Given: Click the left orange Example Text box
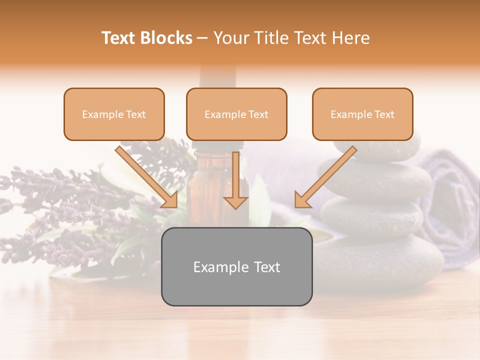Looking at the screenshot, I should click(114, 114).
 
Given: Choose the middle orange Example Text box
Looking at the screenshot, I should click(236, 114).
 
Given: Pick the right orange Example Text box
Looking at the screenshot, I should click(362, 114).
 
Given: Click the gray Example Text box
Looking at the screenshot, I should click(236, 267).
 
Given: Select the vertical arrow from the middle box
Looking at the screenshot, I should click(236, 180).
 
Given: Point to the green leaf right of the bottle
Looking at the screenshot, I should click(260, 200).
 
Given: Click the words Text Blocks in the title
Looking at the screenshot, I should click(146, 38).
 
